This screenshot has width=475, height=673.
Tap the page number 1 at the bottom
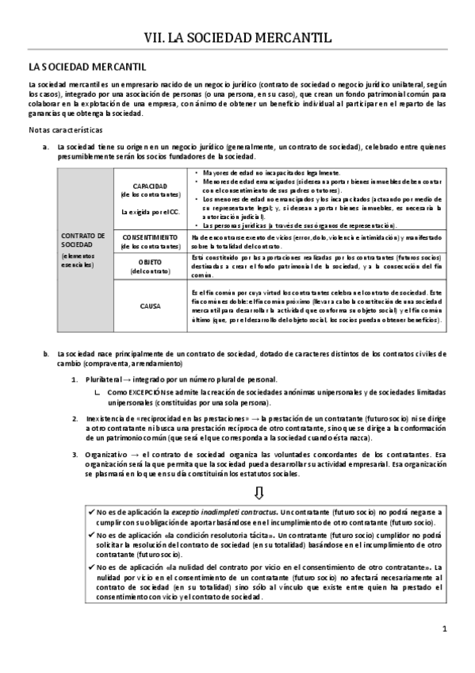pyautogui.click(x=445, y=629)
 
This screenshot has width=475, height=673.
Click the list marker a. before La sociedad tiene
pyautogui.click(x=44, y=148)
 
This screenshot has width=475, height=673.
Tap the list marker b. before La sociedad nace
pyautogui.click(x=44, y=353)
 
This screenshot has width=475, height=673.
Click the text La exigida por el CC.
pyautogui.click(x=146, y=212)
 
